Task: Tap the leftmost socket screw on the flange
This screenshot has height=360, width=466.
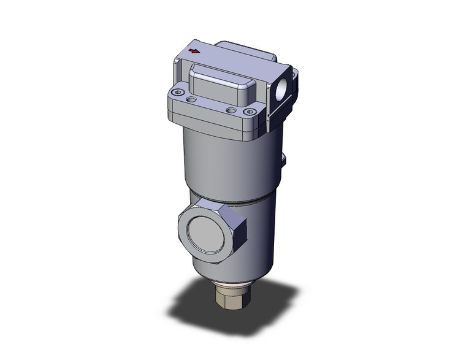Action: coord(178,93)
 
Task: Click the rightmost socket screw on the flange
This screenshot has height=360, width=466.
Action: coord(249,112)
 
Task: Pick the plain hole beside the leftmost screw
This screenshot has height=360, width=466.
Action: coord(193,98)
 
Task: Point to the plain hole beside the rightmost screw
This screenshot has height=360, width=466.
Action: coord(231,110)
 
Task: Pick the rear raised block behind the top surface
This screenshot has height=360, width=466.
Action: coord(239,47)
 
